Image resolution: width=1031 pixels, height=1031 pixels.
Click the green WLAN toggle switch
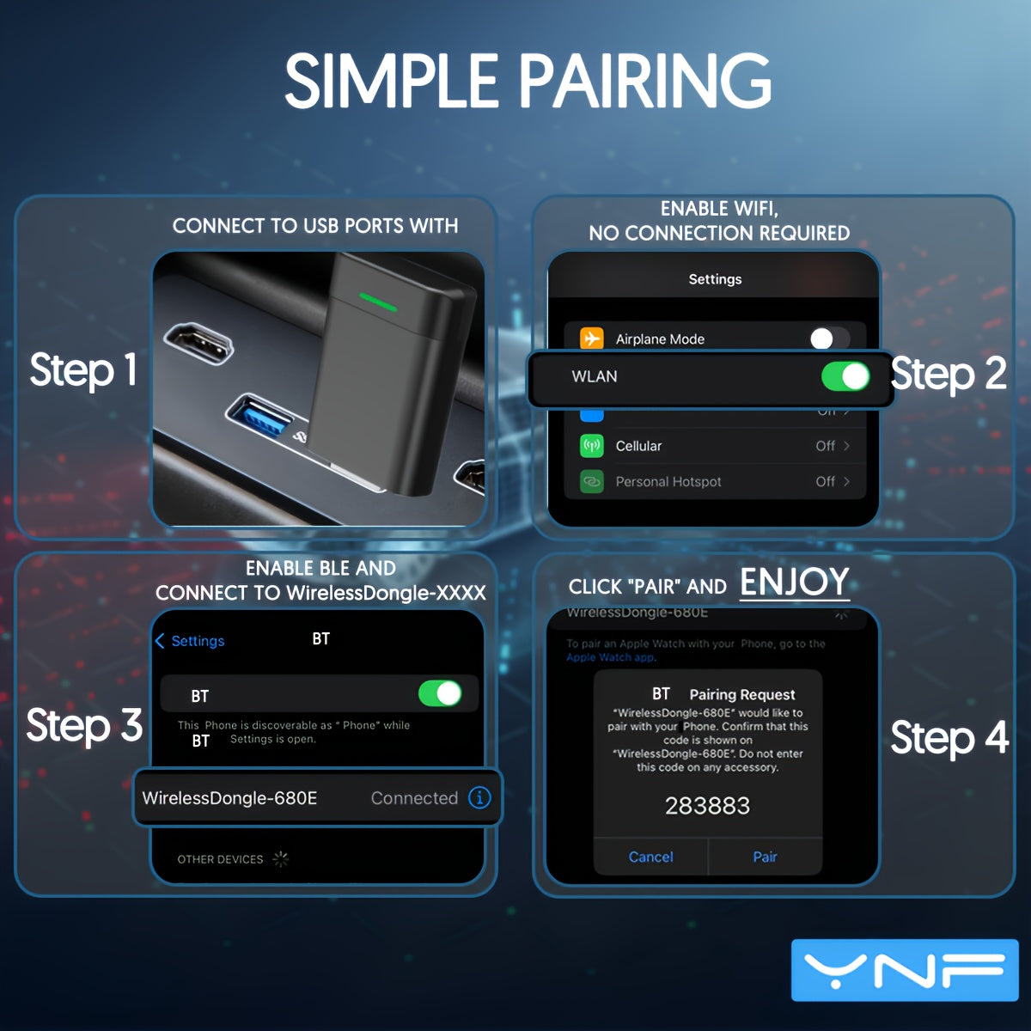tap(845, 376)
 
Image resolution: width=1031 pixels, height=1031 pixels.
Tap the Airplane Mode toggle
tap(828, 339)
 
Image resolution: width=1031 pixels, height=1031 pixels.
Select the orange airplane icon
tap(592, 339)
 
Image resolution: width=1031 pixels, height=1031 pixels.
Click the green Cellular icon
tap(592, 446)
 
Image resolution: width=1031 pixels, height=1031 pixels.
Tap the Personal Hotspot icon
tap(592, 482)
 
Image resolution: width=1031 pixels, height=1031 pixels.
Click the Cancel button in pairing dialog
tap(650, 857)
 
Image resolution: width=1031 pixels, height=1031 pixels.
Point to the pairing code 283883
tap(707, 806)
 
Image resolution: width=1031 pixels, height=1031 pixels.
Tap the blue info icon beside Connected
tap(479, 797)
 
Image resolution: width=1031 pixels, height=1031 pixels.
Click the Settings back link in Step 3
tap(190, 641)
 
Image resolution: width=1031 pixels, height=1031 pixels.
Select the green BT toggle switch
tap(440, 693)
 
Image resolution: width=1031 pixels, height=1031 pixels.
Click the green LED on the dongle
tap(378, 302)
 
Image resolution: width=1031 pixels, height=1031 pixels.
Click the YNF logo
tap(904, 970)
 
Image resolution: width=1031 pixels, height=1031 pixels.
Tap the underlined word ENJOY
tap(795, 583)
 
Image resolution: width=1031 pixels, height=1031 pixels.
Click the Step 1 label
tap(83, 370)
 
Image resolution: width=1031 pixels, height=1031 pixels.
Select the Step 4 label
tap(949, 738)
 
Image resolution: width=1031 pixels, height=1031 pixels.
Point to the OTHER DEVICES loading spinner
tap(281, 858)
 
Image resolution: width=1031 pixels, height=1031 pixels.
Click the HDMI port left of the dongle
tap(198, 343)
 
